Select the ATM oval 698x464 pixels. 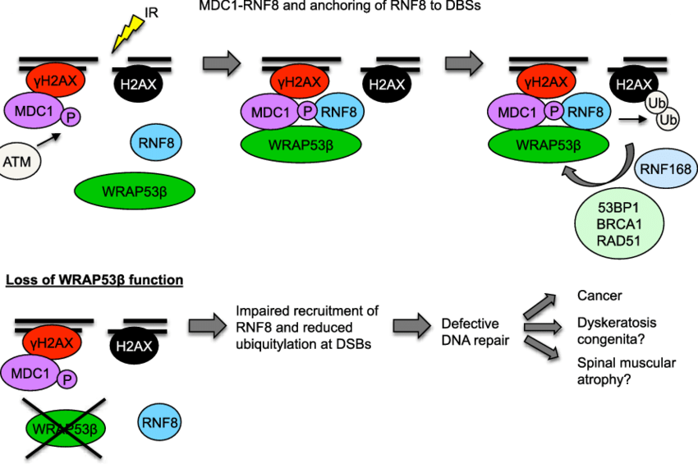click(17, 162)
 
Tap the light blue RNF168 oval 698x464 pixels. click(666, 171)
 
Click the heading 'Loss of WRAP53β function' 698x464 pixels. click(96, 280)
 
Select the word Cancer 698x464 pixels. click(599, 296)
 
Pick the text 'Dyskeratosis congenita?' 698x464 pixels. click(617, 330)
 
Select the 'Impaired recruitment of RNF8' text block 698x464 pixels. click(307, 328)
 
